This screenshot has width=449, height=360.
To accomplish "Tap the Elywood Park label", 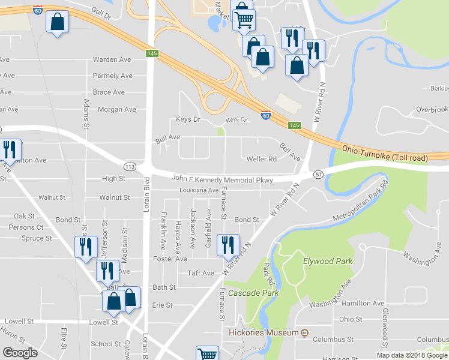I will point(328,261).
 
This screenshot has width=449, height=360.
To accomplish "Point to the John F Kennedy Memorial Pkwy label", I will point(222,179).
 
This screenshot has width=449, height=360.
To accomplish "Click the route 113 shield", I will point(130,166).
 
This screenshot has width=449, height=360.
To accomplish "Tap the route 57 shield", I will point(318,173).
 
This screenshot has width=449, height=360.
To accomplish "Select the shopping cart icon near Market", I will point(244,19).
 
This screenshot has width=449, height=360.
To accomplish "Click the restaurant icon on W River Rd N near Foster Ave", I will point(228,245).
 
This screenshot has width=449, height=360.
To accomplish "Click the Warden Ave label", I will point(112,60).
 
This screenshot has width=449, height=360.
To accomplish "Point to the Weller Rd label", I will point(262,159).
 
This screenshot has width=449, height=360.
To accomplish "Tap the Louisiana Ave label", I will point(198,190).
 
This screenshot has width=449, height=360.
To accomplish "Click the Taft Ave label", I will point(200,273).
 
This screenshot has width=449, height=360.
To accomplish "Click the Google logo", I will point(20,353).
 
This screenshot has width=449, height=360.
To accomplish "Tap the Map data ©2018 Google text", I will point(412,355).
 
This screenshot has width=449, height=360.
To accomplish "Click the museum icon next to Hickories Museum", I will point(304,333).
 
